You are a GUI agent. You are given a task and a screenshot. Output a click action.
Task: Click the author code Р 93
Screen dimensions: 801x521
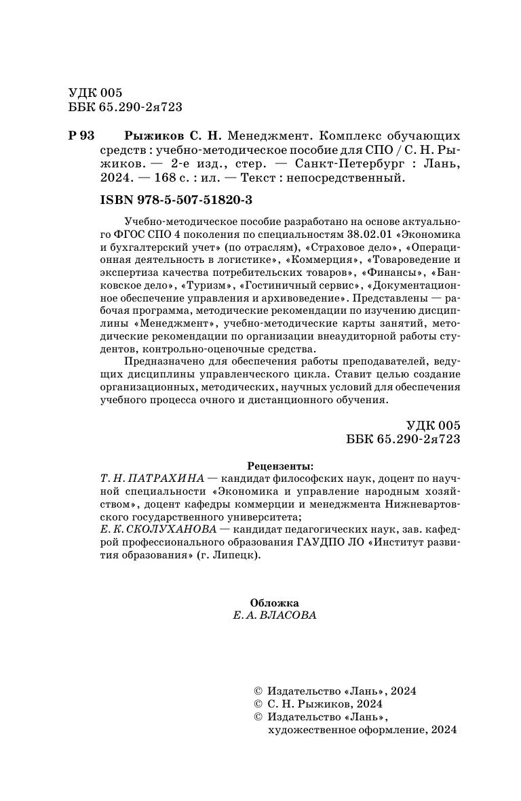click(81, 136)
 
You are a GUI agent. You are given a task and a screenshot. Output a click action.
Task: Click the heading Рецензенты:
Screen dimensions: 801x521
click(281, 466)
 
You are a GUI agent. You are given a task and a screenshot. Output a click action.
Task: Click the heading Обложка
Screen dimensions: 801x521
click(274, 602)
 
